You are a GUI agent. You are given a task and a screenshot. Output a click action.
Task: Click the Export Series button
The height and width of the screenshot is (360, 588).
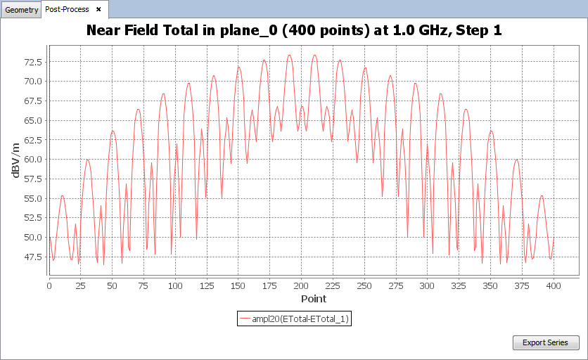coord(545,343)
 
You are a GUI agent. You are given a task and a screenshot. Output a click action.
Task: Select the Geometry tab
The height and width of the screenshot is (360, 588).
coord(21,9)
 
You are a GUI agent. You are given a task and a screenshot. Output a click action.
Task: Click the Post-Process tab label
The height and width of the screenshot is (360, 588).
coord(67,9)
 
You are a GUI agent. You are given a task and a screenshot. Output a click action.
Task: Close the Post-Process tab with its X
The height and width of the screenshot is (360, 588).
coord(98,9)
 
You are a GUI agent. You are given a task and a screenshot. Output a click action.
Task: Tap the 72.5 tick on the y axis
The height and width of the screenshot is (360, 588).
coord(32,62)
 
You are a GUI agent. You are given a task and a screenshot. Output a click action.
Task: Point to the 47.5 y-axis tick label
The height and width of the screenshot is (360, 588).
coord(32,257)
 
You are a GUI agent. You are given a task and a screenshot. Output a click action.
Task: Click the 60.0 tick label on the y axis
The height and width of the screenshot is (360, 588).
coord(32,159)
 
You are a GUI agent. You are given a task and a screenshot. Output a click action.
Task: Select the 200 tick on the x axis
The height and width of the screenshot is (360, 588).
coord(301,285)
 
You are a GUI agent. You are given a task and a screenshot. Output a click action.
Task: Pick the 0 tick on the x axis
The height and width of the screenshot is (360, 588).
coord(49,285)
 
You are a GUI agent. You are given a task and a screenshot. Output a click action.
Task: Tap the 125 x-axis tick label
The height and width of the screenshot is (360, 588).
coord(207,285)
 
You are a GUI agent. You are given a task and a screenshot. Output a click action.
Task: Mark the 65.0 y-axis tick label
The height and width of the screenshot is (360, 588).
coord(32,120)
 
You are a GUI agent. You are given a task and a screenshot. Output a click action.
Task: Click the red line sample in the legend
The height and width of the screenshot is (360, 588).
coord(245,319)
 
